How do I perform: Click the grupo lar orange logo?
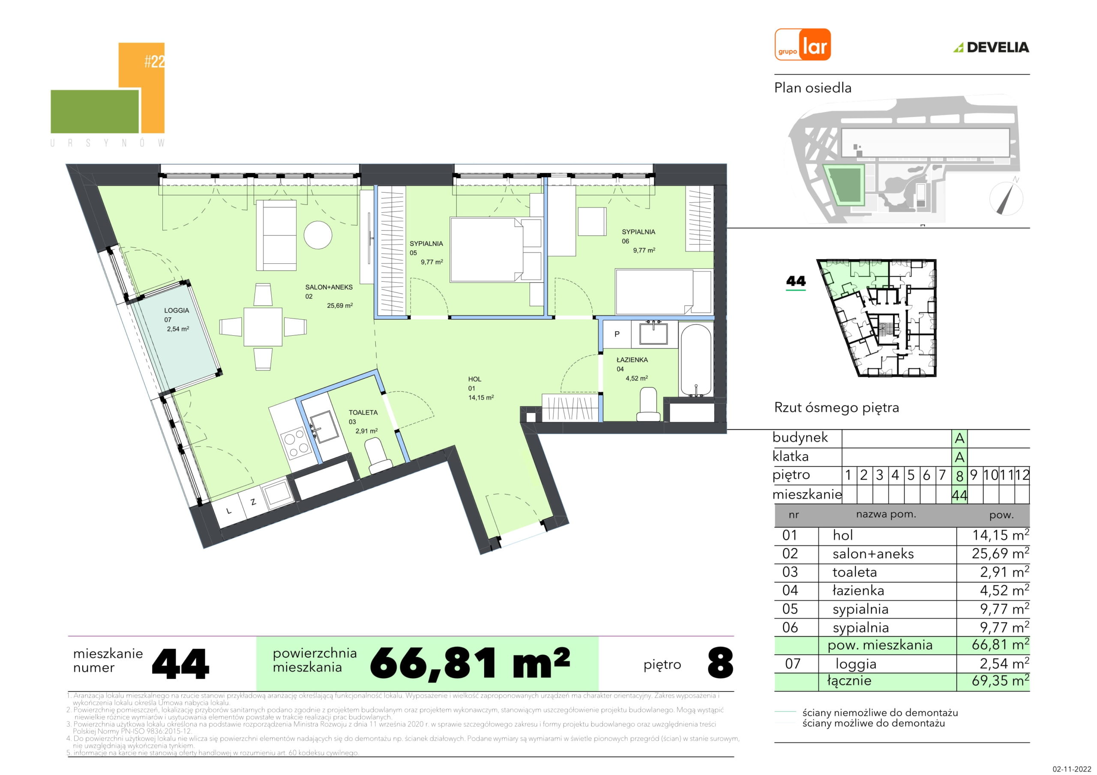coord(802,45)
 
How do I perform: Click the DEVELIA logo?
coord(992,47)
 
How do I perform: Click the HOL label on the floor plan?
coord(474,379)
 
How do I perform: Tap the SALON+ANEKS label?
coord(329,287)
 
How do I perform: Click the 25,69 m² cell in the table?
coord(1000,554)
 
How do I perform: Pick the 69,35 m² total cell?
coord(1000,680)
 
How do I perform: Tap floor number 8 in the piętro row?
coord(959,476)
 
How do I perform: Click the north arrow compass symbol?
coord(1006,197)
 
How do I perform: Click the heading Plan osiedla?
coord(813,88)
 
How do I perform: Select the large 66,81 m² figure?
coord(470,663)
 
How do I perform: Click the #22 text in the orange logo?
coord(154,62)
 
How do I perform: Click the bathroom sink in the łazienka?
coord(653,333)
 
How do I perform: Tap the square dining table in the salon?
coord(263,327)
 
